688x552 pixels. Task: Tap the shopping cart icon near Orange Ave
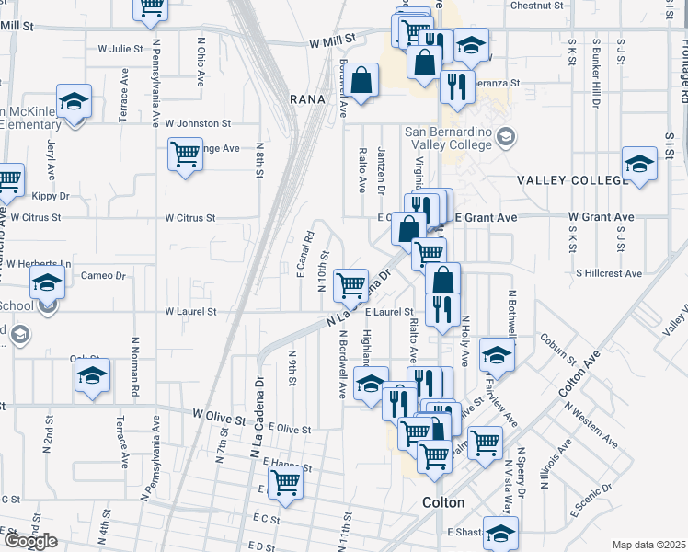(185, 153)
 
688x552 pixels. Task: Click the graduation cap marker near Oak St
(92, 375)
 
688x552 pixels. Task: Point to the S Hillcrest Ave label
(609, 273)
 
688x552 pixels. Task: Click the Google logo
(30, 541)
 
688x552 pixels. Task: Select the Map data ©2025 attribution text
(649, 545)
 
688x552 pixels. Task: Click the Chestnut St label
(536, 6)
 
